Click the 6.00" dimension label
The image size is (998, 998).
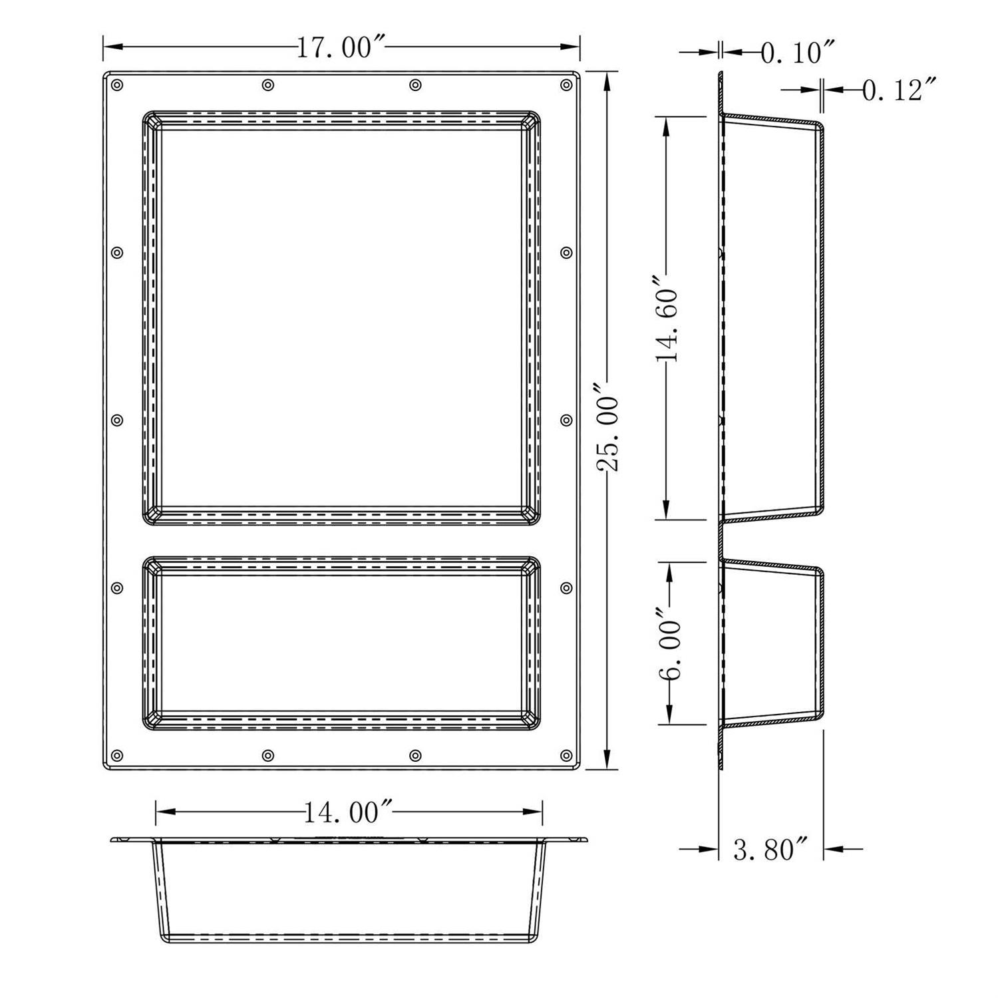[x=669, y=643]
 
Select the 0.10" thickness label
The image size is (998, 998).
[x=797, y=52]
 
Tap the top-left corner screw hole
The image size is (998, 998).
[x=118, y=85]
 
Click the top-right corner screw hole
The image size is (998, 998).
[x=566, y=85]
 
